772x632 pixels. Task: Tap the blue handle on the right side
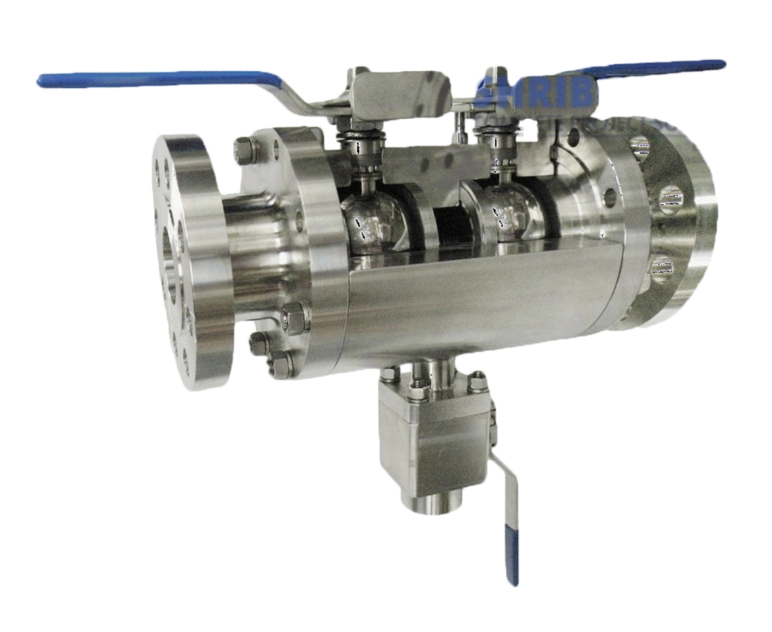coord(662,68)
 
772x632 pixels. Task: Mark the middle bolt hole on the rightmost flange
coord(669,200)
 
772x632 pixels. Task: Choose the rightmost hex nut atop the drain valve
coord(479,380)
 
